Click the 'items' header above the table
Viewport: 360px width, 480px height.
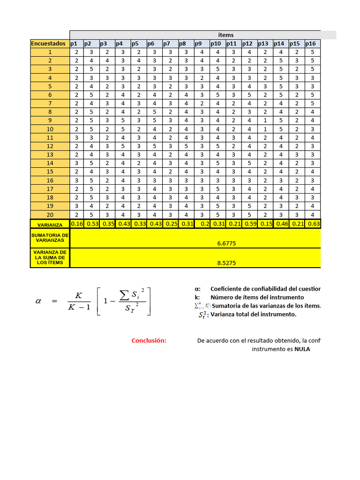pos(225,35)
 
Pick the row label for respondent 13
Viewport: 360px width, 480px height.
pos(50,155)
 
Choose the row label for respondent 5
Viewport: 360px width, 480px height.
pos(50,86)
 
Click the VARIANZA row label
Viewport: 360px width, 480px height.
pos(50,225)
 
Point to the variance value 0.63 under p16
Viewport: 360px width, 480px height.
pos(314,224)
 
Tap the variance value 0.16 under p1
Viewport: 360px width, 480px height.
pos(77,224)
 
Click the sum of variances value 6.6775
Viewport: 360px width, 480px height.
pos(226,244)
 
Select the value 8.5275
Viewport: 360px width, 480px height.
pos(226,263)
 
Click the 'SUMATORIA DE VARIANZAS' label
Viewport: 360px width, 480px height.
pos(50,237)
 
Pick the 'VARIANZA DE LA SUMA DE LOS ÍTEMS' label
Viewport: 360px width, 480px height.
pos(50,258)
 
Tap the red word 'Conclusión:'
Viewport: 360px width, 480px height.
pos(149,340)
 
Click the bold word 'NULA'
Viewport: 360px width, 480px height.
pos(302,349)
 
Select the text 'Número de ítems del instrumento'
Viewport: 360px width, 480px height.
pos(257,297)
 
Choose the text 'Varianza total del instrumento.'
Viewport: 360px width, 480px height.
pos(254,315)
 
